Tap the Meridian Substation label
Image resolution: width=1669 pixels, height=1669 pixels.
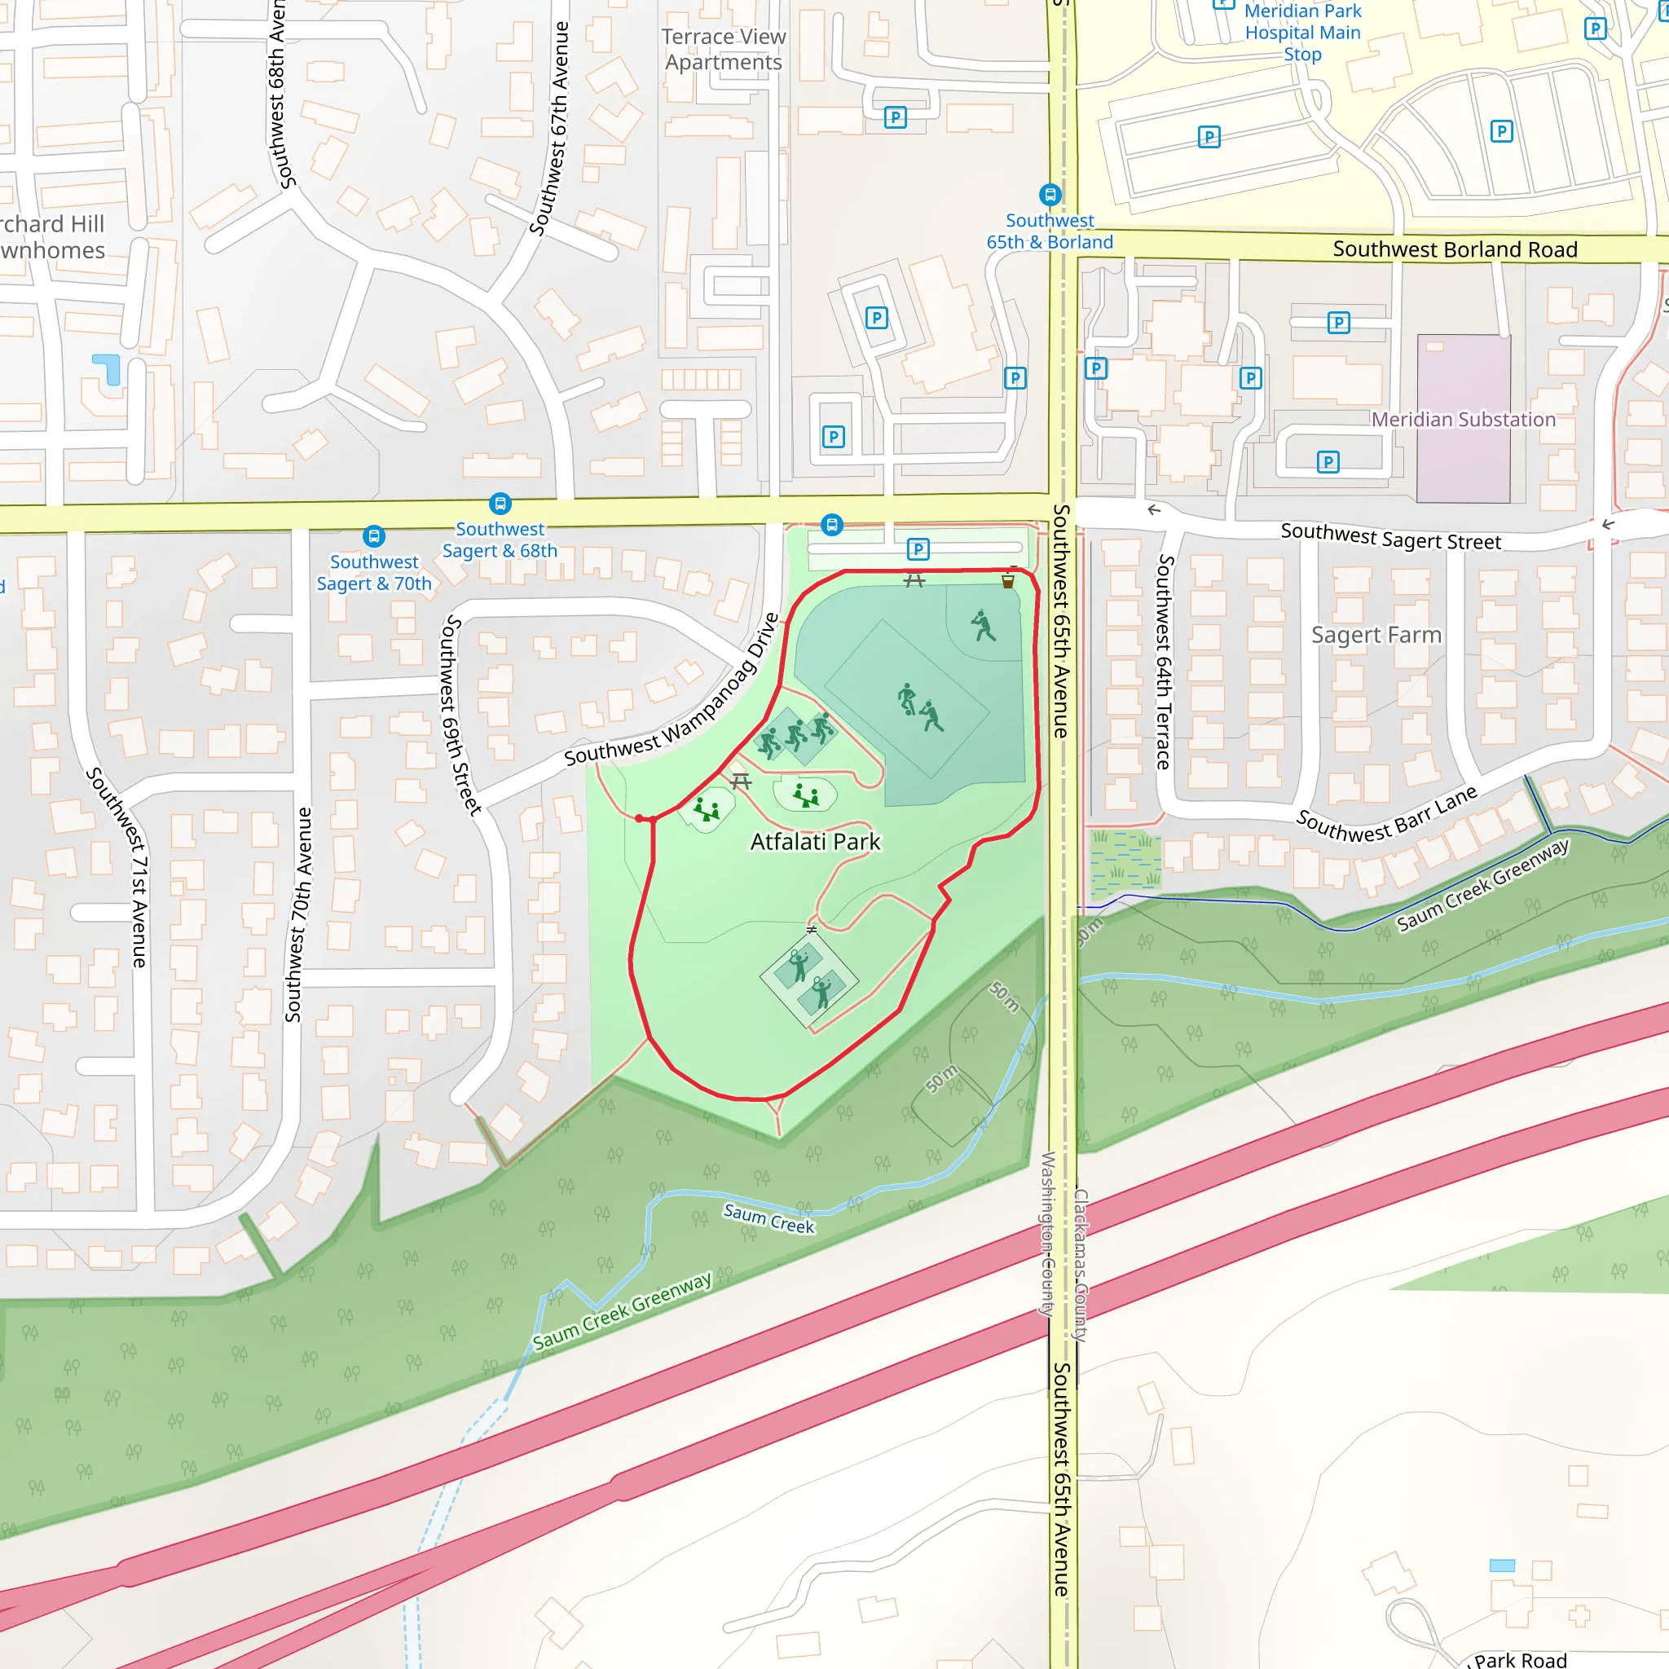pos(1463,420)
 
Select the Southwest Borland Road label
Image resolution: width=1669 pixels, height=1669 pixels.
pos(1455,249)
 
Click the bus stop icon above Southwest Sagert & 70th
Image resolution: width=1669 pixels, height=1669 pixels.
pos(374,536)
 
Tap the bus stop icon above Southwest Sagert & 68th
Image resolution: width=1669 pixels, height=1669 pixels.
pos(500,503)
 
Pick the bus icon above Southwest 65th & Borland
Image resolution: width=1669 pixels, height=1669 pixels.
pos(1050,195)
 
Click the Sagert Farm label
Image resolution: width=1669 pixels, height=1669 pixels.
pos(1376,635)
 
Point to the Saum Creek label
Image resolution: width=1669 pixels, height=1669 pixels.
pos(768,1218)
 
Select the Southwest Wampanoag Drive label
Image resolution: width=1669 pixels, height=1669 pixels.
pos(673,691)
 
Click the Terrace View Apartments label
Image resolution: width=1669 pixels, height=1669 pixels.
pos(724,49)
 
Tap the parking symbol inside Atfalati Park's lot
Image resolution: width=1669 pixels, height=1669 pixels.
pos(918,548)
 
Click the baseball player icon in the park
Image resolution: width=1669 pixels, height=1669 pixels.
pos(983,625)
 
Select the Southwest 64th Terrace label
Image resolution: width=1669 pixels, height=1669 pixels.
pos(1165,662)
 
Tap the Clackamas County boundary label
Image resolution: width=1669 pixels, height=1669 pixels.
pos(1080,1265)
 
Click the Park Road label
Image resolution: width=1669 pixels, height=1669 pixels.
pos(1520,1659)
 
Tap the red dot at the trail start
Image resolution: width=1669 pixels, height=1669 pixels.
pos(639,818)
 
